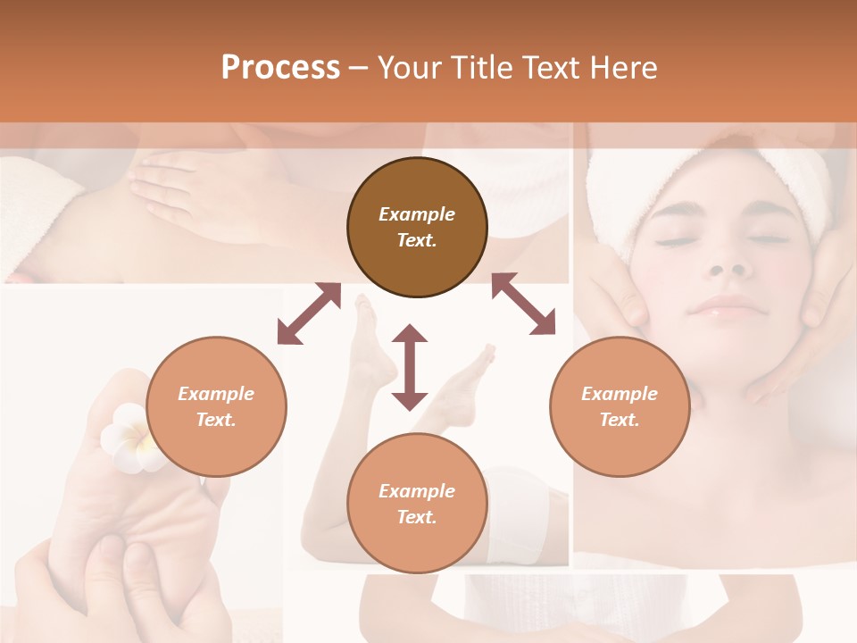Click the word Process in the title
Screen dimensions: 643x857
click(x=280, y=67)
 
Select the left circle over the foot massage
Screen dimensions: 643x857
click(x=216, y=406)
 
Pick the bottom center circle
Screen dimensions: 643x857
click(x=417, y=504)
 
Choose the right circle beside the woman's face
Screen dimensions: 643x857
click(x=620, y=406)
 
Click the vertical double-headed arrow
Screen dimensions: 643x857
click(x=410, y=367)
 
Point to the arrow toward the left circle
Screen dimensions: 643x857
click(x=309, y=313)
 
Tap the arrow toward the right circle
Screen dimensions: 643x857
click(x=523, y=304)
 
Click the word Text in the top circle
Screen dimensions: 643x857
click(x=417, y=240)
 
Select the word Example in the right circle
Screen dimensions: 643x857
click(x=620, y=394)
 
